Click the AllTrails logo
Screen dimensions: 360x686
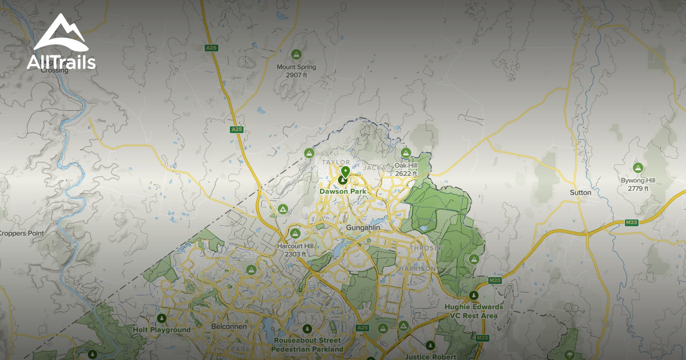click(61, 42)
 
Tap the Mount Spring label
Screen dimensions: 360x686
click(296, 71)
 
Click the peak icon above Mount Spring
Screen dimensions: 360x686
click(296, 54)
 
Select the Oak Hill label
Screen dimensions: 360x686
click(406, 169)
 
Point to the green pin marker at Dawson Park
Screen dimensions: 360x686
click(345, 172)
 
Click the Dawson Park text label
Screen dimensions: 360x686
click(343, 192)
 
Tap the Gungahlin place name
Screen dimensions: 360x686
click(363, 228)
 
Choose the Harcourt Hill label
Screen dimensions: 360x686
click(296, 250)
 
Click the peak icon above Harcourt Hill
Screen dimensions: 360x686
click(296, 233)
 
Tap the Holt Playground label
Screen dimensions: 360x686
click(162, 330)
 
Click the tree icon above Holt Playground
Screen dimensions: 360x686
click(162, 318)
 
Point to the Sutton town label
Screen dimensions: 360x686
click(580, 193)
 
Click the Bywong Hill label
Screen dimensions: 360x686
click(638, 184)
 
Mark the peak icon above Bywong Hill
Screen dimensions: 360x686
click(638, 167)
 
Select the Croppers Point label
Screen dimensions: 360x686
click(21, 233)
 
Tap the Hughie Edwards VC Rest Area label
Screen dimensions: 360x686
click(474, 311)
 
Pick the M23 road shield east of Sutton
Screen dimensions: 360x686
click(631, 222)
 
